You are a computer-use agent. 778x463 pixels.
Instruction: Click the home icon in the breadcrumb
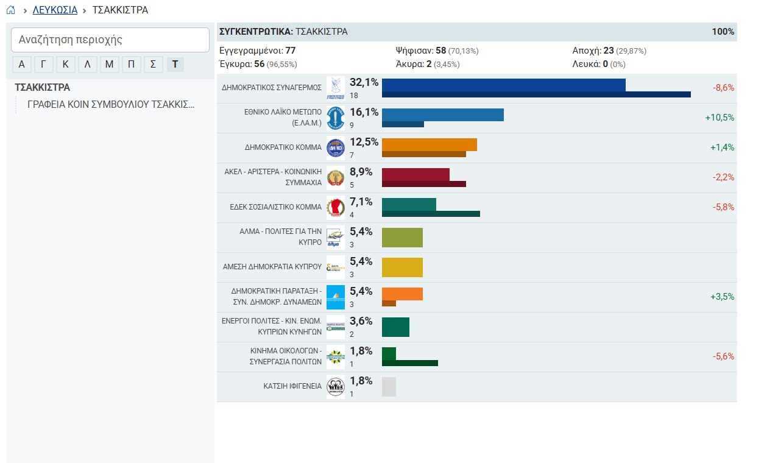point(11,10)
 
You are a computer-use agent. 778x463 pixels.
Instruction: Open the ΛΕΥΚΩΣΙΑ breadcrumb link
point(55,10)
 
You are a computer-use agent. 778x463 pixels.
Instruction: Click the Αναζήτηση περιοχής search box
point(110,40)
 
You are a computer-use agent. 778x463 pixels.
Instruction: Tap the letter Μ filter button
point(110,64)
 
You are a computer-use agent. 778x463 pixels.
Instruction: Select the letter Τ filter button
point(175,64)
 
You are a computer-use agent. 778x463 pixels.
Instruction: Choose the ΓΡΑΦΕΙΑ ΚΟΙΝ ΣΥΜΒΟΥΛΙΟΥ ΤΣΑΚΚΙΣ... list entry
point(111,104)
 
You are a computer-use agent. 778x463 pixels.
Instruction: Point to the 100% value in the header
point(723,32)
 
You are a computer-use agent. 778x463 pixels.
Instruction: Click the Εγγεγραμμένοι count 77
point(291,51)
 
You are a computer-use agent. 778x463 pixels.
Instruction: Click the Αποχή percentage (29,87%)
point(631,51)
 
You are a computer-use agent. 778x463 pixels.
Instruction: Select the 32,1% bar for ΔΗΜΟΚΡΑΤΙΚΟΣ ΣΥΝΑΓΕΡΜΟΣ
point(504,85)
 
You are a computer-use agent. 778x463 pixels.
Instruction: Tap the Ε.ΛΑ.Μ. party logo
point(336,118)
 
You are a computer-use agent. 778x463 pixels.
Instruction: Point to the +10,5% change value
point(720,118)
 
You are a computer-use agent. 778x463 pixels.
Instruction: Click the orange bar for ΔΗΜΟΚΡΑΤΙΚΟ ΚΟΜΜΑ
point(430,145)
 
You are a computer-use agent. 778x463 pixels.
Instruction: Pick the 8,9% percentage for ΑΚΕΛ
point(361,172)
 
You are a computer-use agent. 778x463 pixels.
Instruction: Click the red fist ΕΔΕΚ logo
point(336,208)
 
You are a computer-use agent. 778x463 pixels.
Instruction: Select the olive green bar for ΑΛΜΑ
point(402,238)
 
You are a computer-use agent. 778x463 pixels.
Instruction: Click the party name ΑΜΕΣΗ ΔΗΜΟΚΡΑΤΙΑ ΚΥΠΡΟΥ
point(272,267)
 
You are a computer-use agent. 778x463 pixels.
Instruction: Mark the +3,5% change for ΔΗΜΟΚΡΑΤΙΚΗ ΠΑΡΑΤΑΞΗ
point(722,297)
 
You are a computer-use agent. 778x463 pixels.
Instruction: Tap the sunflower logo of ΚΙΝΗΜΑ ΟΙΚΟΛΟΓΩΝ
point(336,357)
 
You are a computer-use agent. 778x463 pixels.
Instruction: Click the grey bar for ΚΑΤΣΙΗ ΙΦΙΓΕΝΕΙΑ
point(389,387)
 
